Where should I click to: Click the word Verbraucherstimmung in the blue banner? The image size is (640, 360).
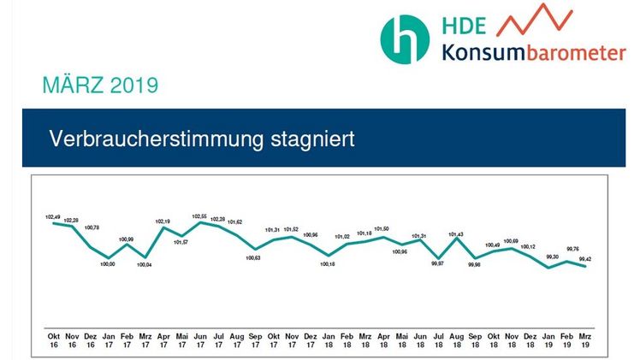click(151, 138)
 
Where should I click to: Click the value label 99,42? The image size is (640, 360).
click(585, 258)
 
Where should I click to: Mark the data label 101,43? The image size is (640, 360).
click(457, 235)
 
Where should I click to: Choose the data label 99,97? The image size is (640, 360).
click(437, 265)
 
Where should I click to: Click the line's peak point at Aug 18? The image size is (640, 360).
click(457, 242)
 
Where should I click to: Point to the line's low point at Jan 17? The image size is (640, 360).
click(108, 257)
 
